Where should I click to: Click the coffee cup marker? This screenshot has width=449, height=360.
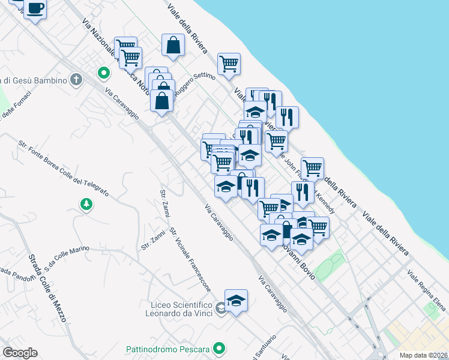pos(35,9)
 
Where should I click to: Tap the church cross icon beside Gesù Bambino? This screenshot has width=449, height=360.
pos(76,80)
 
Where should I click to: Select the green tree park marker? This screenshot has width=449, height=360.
pos(87,205)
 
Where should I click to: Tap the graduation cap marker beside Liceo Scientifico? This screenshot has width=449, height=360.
pos(236,300)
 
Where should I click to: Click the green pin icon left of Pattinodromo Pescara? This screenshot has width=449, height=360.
pos(220,348)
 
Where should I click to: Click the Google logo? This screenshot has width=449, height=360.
pos(20,352)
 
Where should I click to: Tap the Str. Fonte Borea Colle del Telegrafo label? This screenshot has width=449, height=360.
pos(63,169)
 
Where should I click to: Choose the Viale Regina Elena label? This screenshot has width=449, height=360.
pos(426,291)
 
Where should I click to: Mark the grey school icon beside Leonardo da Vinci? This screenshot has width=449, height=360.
pos(221,309)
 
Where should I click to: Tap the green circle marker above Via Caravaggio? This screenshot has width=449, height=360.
pos(103,74)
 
